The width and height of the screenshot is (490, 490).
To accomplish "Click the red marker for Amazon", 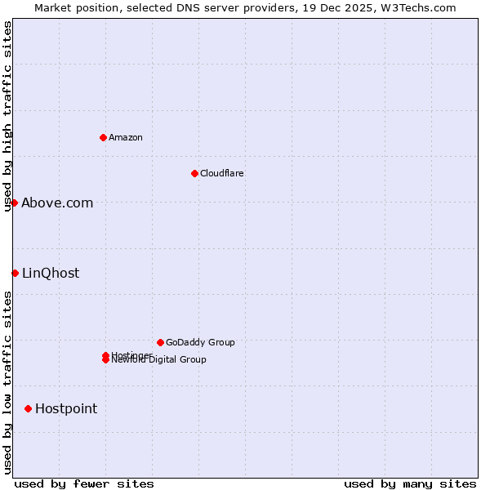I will pos(103,137).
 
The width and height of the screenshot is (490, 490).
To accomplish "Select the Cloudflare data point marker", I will pos(194,173).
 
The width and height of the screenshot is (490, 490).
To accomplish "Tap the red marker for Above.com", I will pos(14,203).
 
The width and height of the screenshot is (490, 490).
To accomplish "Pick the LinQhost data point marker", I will pos(15,273).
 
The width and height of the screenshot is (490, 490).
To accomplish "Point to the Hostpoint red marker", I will pos(28,408).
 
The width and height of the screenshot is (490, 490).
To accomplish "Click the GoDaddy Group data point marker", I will pos(160,342).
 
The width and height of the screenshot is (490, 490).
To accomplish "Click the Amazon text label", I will pos(126,137).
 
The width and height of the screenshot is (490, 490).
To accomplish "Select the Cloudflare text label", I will pos(221,173).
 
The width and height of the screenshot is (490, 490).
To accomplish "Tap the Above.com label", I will pos(57,203).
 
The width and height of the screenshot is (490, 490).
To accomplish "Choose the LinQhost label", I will pos(51,274).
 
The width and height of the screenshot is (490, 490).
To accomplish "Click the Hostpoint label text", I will pos(66,409).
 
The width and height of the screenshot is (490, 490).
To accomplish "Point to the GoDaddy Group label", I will pos(200,342).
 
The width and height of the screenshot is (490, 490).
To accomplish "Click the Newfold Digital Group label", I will pos(159,360).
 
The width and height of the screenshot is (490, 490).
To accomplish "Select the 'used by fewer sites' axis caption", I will pos(84,483).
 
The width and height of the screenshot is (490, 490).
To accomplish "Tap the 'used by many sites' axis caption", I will pos(410,483).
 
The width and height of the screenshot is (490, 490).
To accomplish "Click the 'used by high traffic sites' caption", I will pos(8,116).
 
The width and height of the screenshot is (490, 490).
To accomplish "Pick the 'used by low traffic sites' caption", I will pos(8,382).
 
